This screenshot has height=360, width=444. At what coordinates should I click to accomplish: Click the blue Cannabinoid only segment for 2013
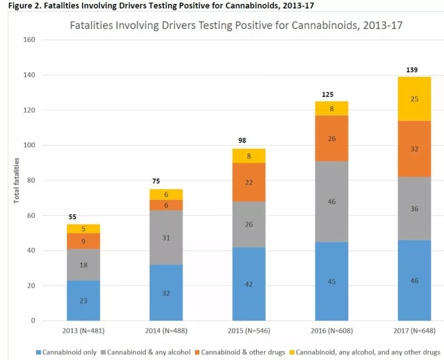point(83,301)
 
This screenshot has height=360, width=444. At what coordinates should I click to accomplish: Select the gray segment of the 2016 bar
point(332,202)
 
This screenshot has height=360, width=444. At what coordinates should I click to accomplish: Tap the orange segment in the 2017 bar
point(414,149)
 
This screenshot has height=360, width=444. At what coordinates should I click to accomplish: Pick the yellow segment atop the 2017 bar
point(414,99)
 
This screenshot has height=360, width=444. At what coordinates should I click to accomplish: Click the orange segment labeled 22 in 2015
point(249,183)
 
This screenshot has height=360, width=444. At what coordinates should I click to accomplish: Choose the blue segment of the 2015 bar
point(249,283)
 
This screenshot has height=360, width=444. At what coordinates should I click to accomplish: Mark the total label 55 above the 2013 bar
point(72,217)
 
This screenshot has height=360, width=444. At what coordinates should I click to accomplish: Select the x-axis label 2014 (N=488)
point(166,332)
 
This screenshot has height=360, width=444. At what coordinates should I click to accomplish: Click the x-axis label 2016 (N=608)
point(332,332)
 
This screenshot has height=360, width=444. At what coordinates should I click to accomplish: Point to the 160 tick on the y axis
point(29,40)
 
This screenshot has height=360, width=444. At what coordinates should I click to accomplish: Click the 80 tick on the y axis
point(31,181)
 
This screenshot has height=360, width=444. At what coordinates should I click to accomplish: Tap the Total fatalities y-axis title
point(17,181)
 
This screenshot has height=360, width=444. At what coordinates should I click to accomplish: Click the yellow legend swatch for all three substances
point(292,352)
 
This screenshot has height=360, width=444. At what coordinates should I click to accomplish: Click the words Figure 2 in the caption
point(17,5)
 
